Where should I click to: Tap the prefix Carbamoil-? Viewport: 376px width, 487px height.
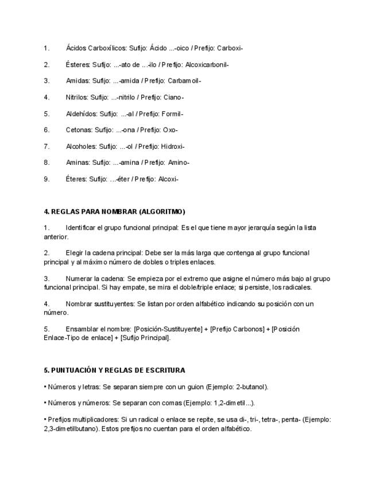184,81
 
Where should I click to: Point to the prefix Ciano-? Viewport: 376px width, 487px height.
173,97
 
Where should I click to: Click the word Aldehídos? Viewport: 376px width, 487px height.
81,114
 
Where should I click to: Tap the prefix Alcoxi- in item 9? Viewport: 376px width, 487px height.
166,179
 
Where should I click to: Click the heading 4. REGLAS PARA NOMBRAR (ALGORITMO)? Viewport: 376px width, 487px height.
114,211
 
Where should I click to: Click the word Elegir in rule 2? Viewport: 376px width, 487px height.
75,253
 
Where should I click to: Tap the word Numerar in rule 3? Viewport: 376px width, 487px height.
79,279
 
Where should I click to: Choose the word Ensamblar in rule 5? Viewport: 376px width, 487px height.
82,329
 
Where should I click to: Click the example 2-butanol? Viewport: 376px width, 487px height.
250,387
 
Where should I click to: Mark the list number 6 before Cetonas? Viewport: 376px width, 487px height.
46,130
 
